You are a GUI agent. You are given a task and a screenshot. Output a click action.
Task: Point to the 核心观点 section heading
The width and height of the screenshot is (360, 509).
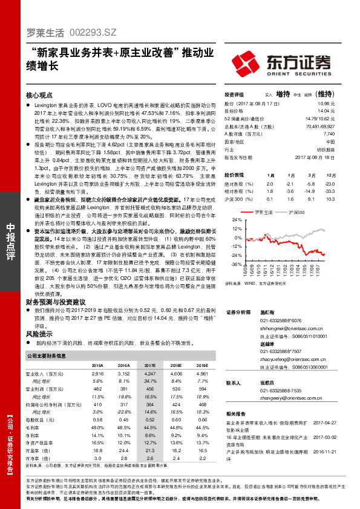coord(40,96)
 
